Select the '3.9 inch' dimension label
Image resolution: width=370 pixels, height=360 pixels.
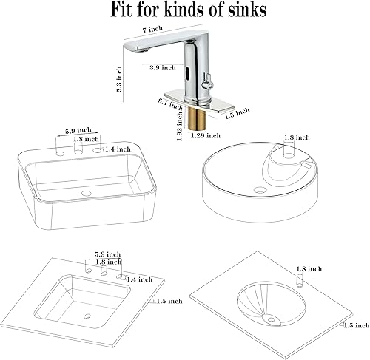coord(163,67)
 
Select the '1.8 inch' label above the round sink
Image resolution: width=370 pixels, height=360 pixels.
coord(297,137)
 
